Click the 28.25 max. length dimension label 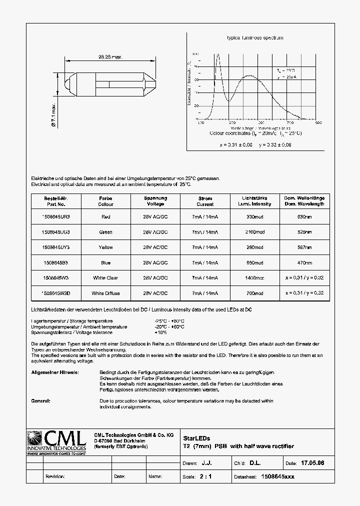click(x=110, y=57)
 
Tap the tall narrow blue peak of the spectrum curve click(x=217, y=55)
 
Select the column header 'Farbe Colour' click(x=105, y=201)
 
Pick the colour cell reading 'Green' click(x=105, y=232)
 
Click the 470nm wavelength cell click(x=304, y=262)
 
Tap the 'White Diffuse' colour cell click(x=105, y=293)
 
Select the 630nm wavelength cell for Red click(x=304, y=216)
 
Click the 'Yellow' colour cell click(x=105, y=247)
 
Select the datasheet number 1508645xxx click(x=278, y=476)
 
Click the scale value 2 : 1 click(x=205, y=476)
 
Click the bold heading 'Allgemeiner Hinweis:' click(x=54, y=373)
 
